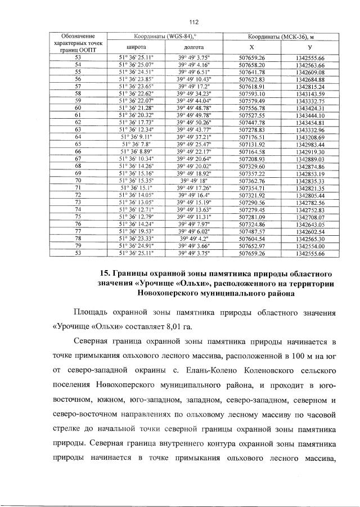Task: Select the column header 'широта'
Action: pos(137,47)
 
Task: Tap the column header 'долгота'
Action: pos(193,47)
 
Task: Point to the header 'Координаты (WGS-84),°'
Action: pos(165,37)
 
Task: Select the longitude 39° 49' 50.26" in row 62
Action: pos(193,122)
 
